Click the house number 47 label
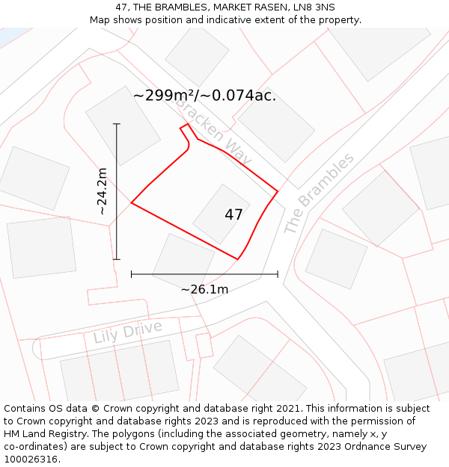point(233,214)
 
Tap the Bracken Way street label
point(213,132)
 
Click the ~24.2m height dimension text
point(102,191)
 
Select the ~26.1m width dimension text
point(204,289)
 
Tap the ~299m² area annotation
point(204,95)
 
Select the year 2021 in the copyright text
point(287,409)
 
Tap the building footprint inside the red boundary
point(222,214)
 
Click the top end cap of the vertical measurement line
point(117,124)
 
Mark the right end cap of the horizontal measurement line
point(278,274)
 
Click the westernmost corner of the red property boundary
point(132,202)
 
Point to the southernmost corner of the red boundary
point(238,259)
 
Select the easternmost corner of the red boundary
point(278,191)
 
